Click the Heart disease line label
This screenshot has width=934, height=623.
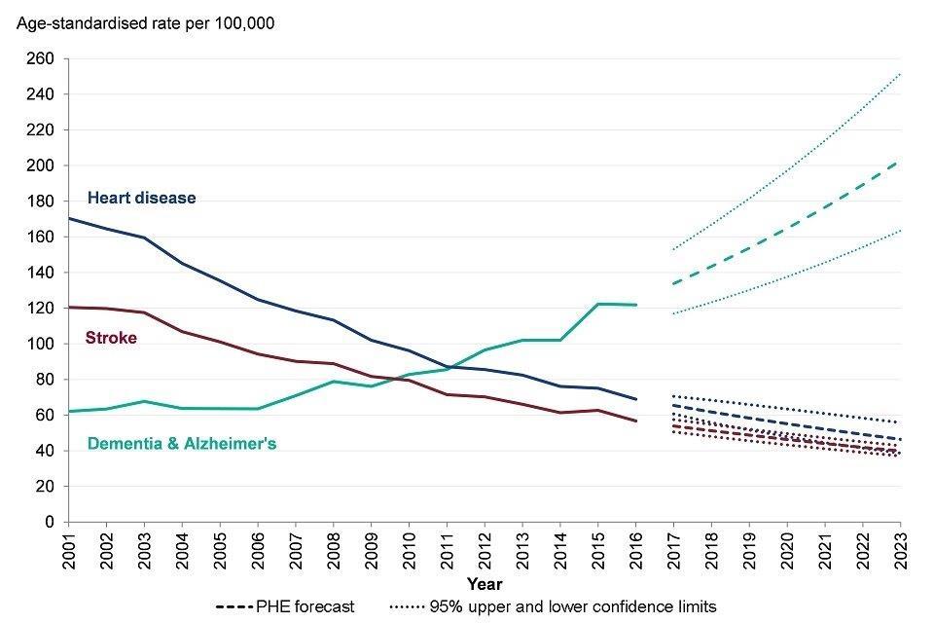point(142,199)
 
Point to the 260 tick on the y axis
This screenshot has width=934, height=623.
point(43,59)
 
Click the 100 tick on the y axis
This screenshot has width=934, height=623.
point(43,344)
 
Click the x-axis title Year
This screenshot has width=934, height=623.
point(484,585)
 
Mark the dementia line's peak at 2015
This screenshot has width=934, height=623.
point(597,304)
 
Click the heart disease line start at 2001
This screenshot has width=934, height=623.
point(67,218)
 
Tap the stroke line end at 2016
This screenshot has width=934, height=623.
point(635,421)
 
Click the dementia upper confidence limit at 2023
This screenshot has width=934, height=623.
point(900,73)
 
